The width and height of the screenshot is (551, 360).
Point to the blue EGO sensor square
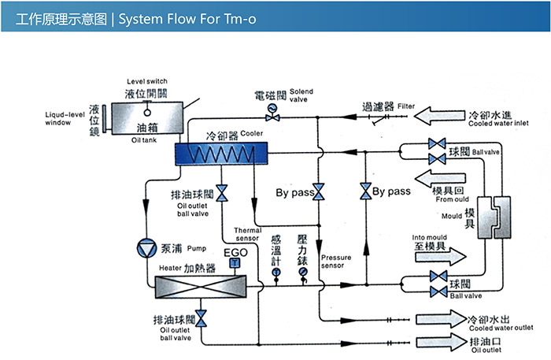click(x=233, y=263)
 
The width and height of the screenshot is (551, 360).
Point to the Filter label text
click(x=405, y=105)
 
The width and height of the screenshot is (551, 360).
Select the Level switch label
click(x=146, y=82)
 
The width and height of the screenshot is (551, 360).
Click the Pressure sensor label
click(x=336, y=262)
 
